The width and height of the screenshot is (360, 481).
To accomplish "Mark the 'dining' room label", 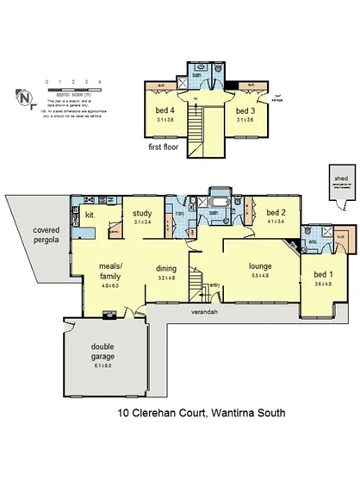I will tap(165, 268).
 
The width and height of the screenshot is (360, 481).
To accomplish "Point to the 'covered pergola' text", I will tap(47, 237).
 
